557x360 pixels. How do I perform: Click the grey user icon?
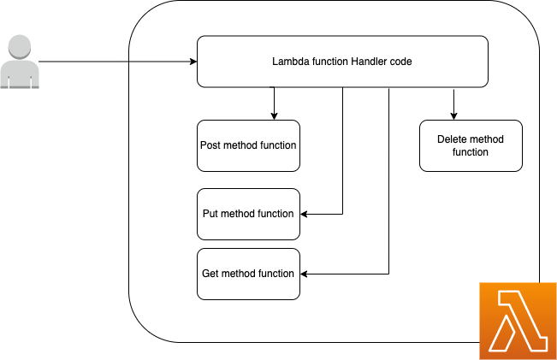coord(19,63)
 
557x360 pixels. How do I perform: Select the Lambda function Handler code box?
coord(342,62)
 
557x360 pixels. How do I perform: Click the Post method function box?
coord(248,145)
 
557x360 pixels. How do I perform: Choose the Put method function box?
coord(248,214)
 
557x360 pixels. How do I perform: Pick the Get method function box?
coord(248,274)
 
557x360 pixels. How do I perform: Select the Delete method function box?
coord(471,145)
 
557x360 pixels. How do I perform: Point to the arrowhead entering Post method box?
coord(274,116)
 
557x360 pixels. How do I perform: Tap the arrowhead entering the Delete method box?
coord(453,116)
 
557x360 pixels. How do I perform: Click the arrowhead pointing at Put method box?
coord(305,214)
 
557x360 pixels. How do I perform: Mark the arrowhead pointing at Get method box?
coord(305,274)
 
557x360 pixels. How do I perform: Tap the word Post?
coord(210,145)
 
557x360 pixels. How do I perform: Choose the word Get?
coord(210,274)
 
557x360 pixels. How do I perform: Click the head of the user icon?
coord(19,49)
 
